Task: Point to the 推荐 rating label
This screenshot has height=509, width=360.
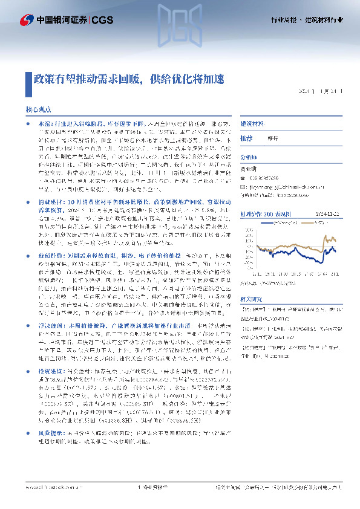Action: (x=246, y=138)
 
